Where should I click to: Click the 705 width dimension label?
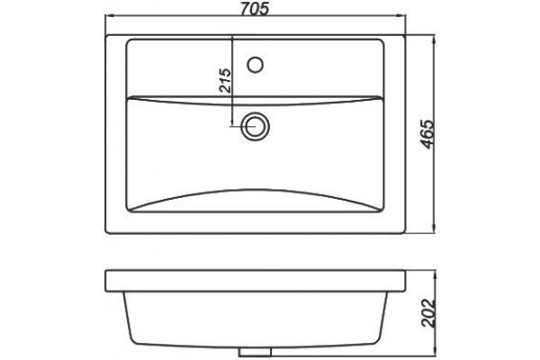coord(254,8)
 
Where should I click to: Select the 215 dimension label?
coord(225,81)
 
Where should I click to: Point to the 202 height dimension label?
coord(428,313)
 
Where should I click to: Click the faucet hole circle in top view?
coord(256,65)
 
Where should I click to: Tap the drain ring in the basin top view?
coord(256,126)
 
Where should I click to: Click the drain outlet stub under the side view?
coord(256,352)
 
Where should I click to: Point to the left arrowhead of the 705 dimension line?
coord(110,15)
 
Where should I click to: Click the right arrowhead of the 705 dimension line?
coord(400,15)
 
